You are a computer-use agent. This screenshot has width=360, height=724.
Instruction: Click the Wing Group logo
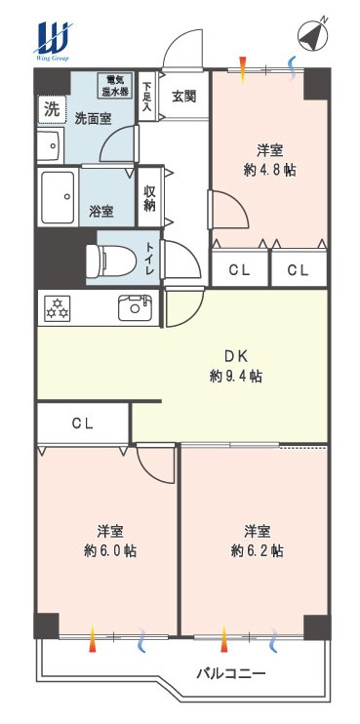[x=52, y=41]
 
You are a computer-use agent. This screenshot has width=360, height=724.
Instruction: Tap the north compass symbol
[x=312, y=34]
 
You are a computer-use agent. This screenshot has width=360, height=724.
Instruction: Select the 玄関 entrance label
[x=184, y=96]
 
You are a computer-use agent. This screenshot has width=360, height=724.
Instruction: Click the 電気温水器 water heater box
[x=115, y=85]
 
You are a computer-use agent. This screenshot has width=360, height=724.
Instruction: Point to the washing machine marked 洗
[x=52, y=110]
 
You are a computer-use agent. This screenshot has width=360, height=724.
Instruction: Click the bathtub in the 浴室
[x=59, y=196]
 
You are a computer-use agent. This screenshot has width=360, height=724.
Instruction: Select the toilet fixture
[x=111, y=261]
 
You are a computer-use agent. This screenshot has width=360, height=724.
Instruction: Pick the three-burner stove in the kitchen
[x=58, y=308]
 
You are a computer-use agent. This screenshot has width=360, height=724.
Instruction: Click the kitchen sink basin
[x=135, y=307]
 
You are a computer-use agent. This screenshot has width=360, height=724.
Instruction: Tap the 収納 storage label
[x=148, y=198]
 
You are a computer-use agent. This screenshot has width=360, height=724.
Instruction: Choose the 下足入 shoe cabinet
[x=147, y=96]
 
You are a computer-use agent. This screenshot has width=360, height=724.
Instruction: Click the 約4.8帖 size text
[x=269, y=171]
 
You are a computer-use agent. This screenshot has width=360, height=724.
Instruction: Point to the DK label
[x=237, y=356]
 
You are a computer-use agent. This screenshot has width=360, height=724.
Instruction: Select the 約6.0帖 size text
[x=110, y=550]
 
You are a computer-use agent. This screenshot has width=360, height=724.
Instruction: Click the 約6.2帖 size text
[x=258, y=550]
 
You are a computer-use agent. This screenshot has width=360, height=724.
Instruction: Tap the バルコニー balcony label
[x=231, y=673]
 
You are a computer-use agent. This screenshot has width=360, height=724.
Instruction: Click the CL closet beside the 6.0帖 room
[x=83, y=423]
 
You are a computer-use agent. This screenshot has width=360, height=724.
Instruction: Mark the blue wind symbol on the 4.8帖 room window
[x=292, y=68]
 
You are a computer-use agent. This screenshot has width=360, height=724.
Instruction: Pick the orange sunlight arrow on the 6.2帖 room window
[x=224, y=639]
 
